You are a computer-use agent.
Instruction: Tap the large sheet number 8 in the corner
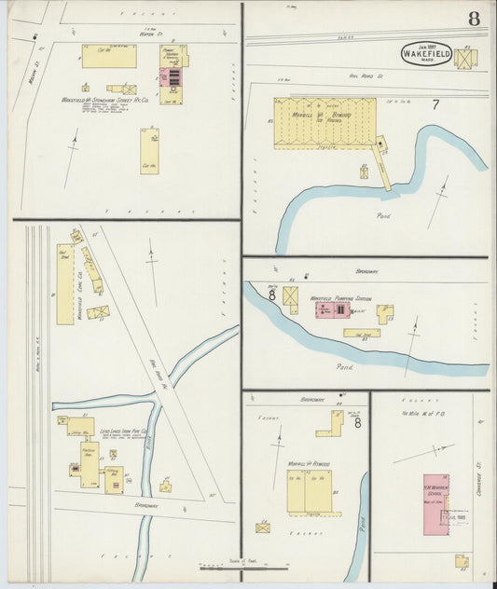475,18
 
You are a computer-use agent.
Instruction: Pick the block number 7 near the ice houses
434,103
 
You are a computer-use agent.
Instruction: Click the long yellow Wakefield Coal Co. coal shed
64,283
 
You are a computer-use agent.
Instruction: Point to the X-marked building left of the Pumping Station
290,299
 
